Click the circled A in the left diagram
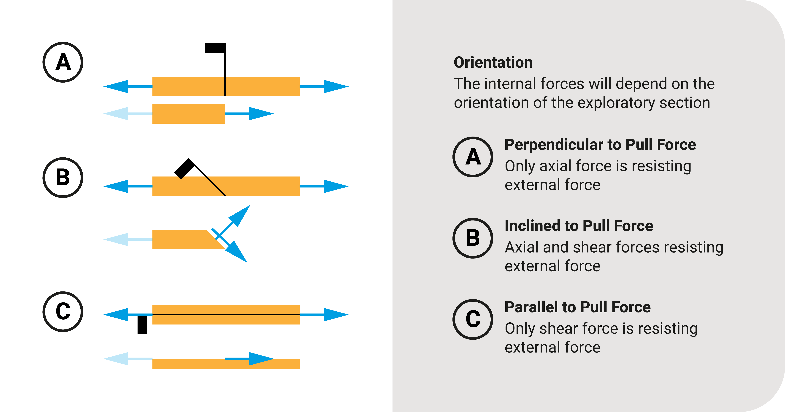(63, 62)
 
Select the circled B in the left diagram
(63, 178)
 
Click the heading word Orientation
(493, 62)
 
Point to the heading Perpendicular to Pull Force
(600, 144)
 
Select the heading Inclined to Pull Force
(579, 226)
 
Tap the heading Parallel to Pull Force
(577, 307)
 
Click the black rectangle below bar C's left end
(142, 325)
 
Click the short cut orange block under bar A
(188, 114)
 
